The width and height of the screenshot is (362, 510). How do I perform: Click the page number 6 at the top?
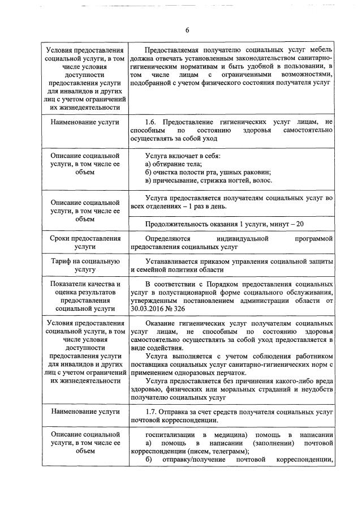(186, 30)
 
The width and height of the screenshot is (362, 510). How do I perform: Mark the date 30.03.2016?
(149, 309)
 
